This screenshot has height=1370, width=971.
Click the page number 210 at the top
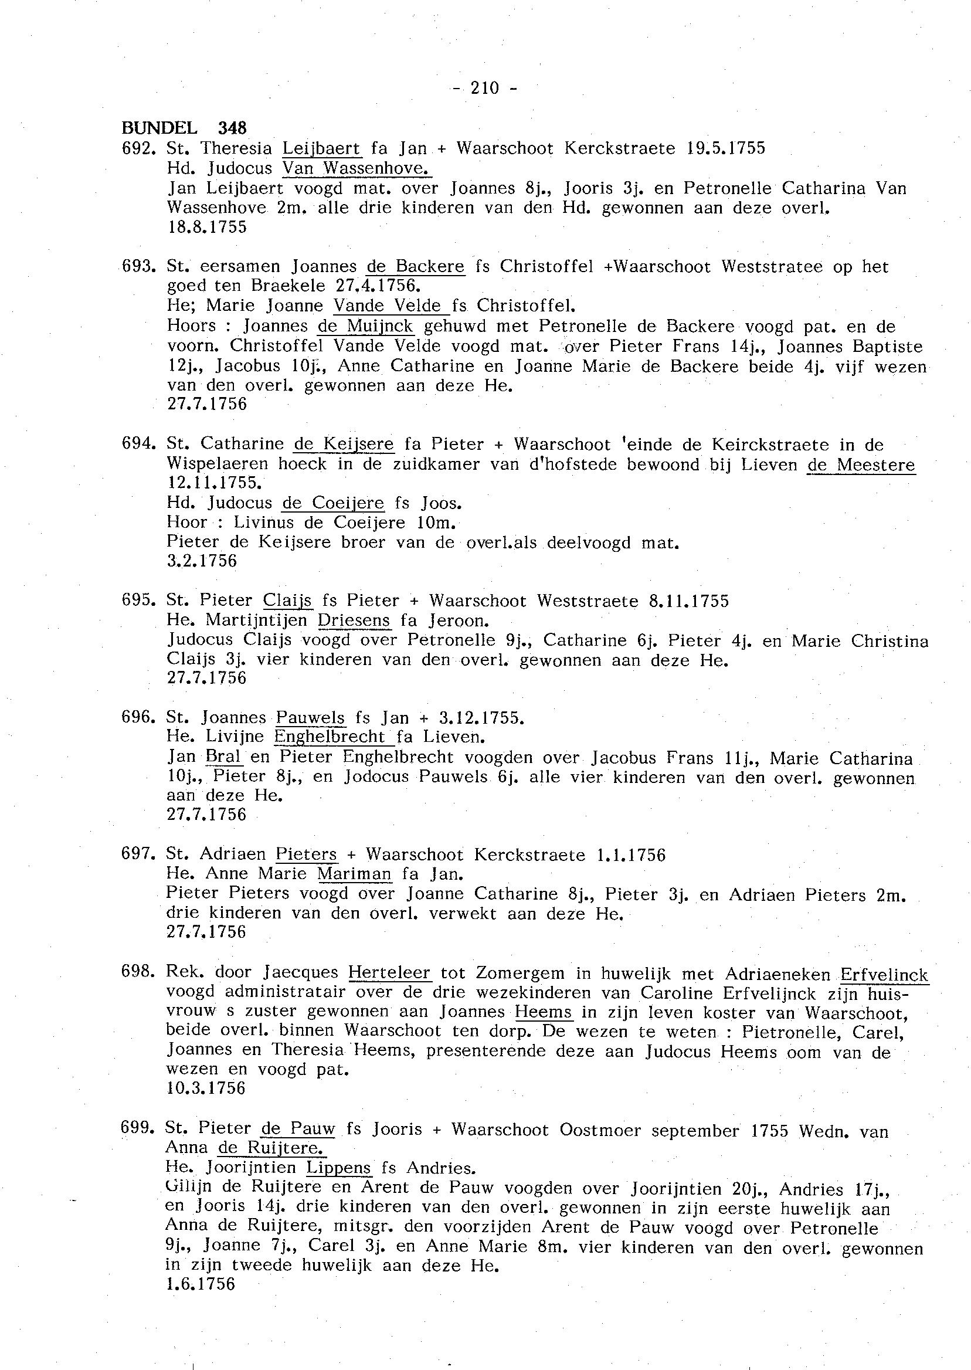tap(484, 89)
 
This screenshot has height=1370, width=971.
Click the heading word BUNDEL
tap(159, 128)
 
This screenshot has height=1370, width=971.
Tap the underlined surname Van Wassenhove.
tap(357, 169)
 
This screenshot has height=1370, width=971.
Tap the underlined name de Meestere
tap(860, 464)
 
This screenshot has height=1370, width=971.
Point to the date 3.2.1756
tap(202, 561)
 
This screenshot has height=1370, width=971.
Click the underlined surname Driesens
tap(354, 620)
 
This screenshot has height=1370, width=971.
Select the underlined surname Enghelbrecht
tap(330, 737)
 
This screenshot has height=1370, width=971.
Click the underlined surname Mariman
tap(354, 874)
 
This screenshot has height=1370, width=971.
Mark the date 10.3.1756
tap(206, 1088)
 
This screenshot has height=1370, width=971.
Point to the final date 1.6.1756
tap(201, 1284)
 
